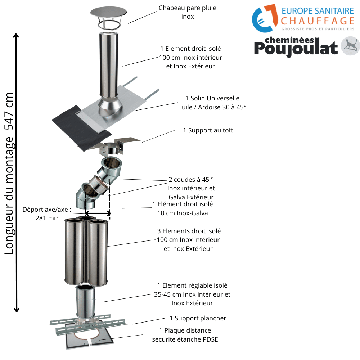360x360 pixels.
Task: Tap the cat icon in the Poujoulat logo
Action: tap(350, 46)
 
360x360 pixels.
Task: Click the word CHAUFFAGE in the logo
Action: tap(318, 21)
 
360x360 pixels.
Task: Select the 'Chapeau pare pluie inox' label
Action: tap(188, 12)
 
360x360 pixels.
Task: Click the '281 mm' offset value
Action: tap(48, 218)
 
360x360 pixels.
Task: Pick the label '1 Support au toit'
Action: tap(208, 130)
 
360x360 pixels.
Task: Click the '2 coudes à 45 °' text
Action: tap(191, 180)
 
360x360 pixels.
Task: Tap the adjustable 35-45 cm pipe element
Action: tap(85, 302)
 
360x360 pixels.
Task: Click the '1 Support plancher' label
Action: tap(198, 318)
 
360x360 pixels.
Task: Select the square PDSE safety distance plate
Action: tap(90, 336)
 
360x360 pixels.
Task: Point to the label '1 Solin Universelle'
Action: tap(212, 98)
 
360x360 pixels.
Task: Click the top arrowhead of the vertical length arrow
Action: tap(16, 36)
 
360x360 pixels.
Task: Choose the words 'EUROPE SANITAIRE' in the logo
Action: tap(318, 11)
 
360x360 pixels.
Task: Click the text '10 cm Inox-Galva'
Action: tap(183, 213)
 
